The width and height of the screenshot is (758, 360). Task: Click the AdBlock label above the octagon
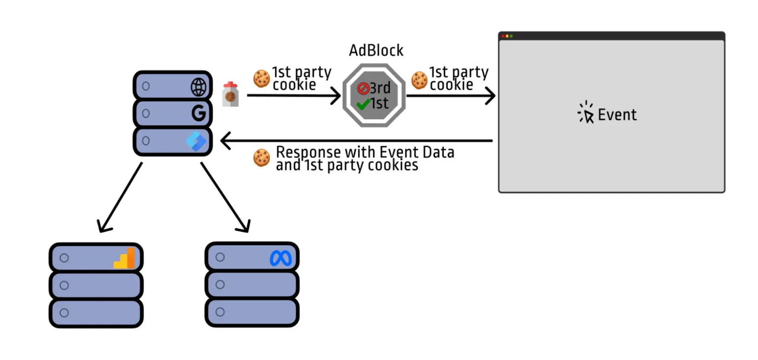pos(376,50)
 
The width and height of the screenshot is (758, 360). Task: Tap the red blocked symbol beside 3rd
pos(363,89)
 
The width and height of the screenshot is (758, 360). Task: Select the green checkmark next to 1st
pos(363,104)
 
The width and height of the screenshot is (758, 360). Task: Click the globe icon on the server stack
pos(198,87)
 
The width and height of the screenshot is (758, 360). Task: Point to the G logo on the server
pos(198,114)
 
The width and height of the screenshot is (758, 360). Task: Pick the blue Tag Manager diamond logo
pos(196,141)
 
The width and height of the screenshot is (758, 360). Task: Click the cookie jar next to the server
pos(230,94)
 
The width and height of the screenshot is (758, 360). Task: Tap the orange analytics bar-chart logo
pos(124,258)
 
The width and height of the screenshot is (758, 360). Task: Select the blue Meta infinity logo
pos(281,259)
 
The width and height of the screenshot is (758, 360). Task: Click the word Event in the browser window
pos(617,115)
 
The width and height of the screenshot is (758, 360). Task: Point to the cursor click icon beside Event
pos(586,113)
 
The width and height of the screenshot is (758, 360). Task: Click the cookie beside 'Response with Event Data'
pos(262,158)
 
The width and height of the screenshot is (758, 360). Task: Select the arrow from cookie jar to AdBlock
pos(294,96)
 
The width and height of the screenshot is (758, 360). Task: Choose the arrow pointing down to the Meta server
pos(225,197)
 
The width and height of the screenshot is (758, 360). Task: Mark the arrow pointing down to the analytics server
pos(120,197)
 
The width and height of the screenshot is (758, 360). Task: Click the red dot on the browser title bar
pos(503,36)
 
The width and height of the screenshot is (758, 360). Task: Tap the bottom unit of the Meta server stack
pos(252,312)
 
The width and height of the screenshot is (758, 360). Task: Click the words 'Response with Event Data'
pos(365,152)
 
